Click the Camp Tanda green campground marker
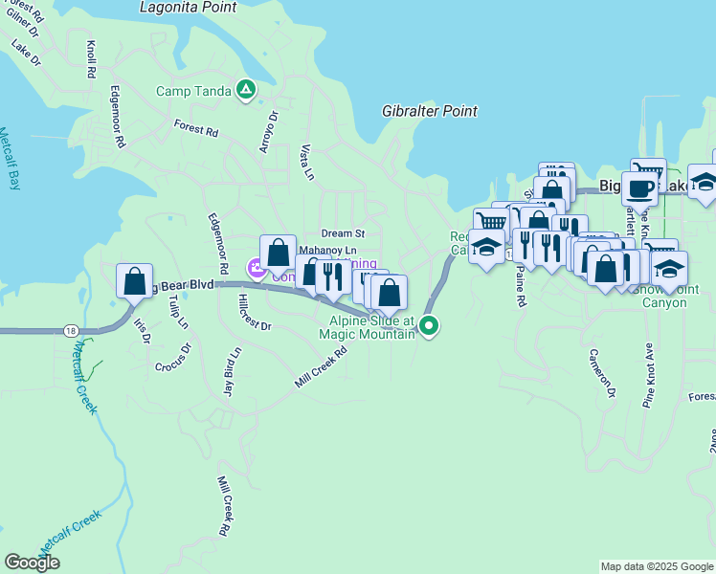coord(246,91)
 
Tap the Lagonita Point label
coord(188,7)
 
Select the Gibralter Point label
coord(430,111)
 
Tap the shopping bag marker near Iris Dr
coord(134,281)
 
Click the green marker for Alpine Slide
coord(430,327)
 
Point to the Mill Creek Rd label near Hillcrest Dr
coord(321,367)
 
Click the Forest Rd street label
coord(196,127)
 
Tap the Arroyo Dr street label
coord(269,131)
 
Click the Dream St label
coord(343,232)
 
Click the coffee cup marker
coord(638,188)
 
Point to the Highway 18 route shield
coord(70,330)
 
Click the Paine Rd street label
coord(521,287)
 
